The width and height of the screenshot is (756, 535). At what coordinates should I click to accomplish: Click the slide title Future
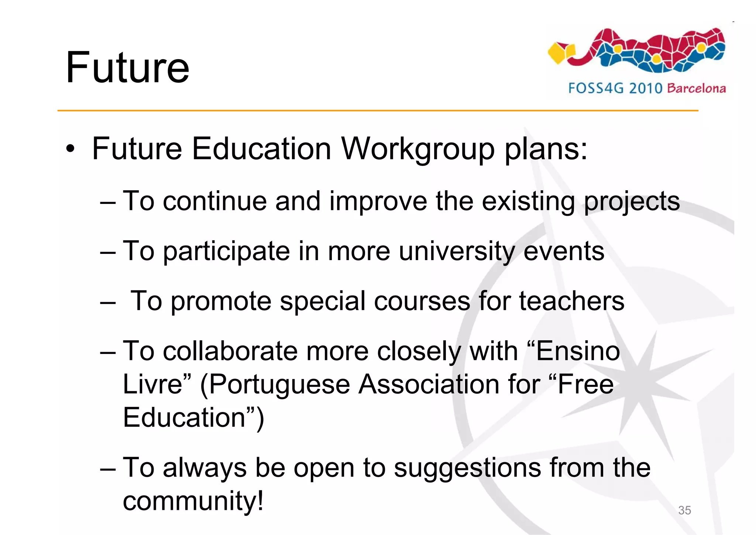click(127, 68)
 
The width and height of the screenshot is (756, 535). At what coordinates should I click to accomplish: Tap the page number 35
click(684, 510)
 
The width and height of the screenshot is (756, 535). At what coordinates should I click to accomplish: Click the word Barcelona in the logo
click(697, 89)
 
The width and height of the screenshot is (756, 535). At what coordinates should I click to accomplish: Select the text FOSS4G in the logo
click(596, 89)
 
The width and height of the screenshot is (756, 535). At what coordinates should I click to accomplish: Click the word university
click(457, 252)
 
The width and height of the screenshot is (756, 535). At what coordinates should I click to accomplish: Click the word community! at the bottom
click(193, 501)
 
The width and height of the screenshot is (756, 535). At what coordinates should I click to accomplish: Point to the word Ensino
click(578, 351)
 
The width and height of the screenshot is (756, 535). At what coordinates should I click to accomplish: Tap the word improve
click(378, 202)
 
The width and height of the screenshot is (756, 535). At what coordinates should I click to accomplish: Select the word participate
click(226, 252)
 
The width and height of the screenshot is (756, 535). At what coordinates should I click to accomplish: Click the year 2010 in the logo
click(646, 89)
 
